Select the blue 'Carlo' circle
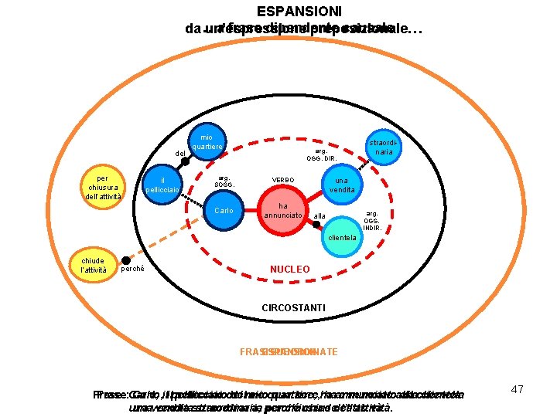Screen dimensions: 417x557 [x=224, y=211]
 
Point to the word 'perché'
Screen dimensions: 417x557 [x=135, y=268]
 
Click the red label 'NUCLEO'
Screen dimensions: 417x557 [x=290, y=270]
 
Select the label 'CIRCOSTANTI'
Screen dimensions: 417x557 [x=293, y=308]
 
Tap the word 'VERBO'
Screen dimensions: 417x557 [x=282, y=180]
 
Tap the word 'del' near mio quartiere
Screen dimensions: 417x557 [x=180, y=154]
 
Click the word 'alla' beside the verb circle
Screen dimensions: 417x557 [x=320, y=215]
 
